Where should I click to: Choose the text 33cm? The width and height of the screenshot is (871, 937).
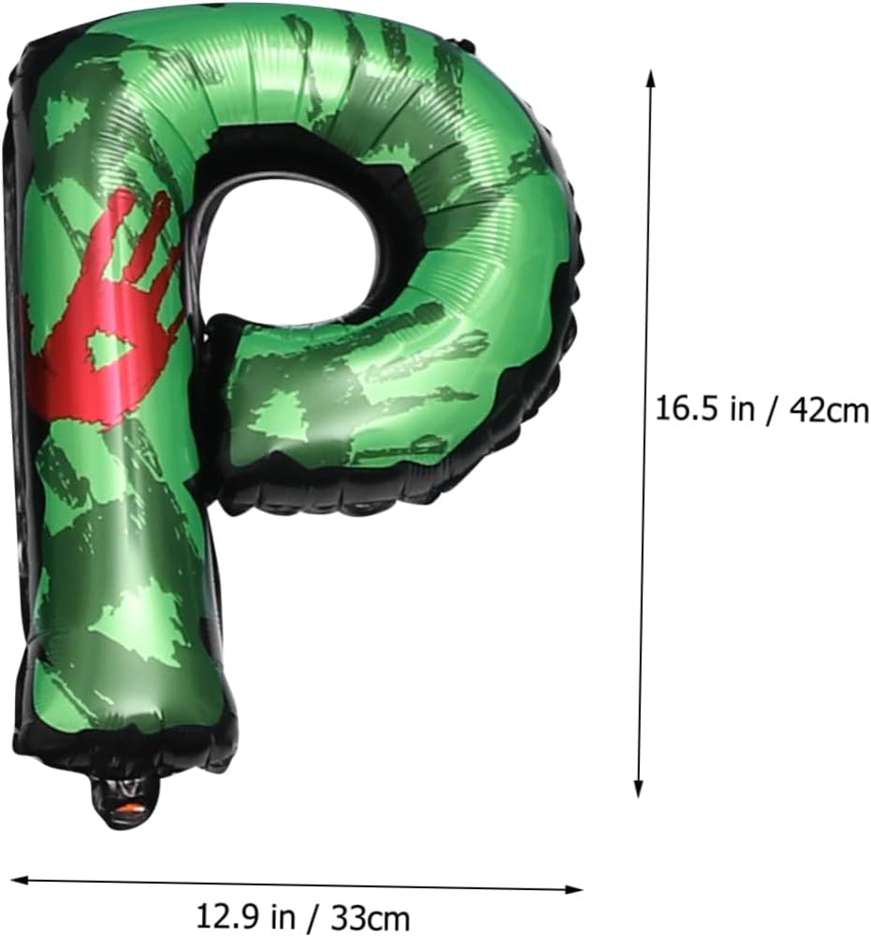coord(370,916)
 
